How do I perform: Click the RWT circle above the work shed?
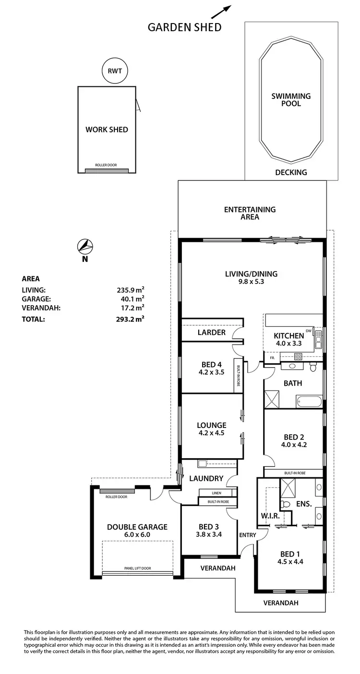pyautogui.click(x=115, y=71)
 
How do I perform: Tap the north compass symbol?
pyautogui.click(x=85, y=247)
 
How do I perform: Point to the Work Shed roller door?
pyautogui.click(x=108, y=170)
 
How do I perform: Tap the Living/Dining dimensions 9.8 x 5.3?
pyautogui.click(x=251, y=282)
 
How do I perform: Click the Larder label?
pyautogui.click(x=212, y=332)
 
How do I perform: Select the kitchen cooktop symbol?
pyautogui.click(x=298, y=356)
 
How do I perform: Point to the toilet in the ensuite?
pyautogui.click(x=286, y=504)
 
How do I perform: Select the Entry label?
pyautogui.click(x=247, y=535)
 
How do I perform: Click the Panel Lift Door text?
pyautogui.click(x=137, y=568)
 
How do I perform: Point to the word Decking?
pyautogui.click(x=291, y=172)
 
